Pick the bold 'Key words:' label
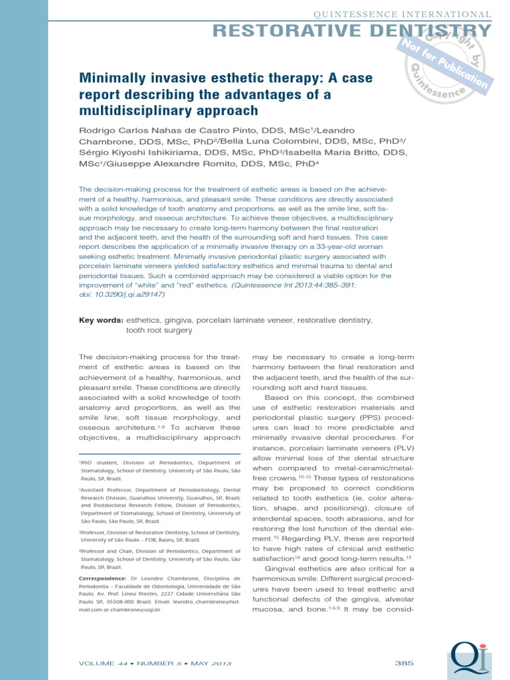pyautogui.click(x=101, y=320)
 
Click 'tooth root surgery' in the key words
pyautogui.click(x=159, y=329)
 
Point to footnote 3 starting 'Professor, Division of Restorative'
pyautogui.click(x=159, y=537)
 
